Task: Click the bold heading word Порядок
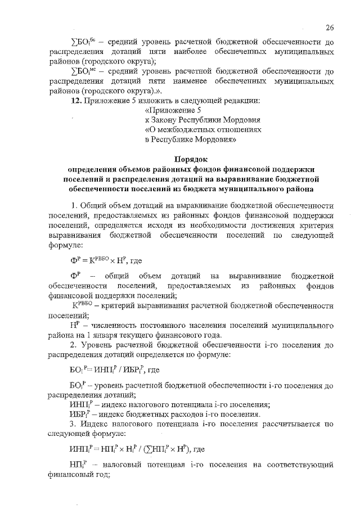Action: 191,159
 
